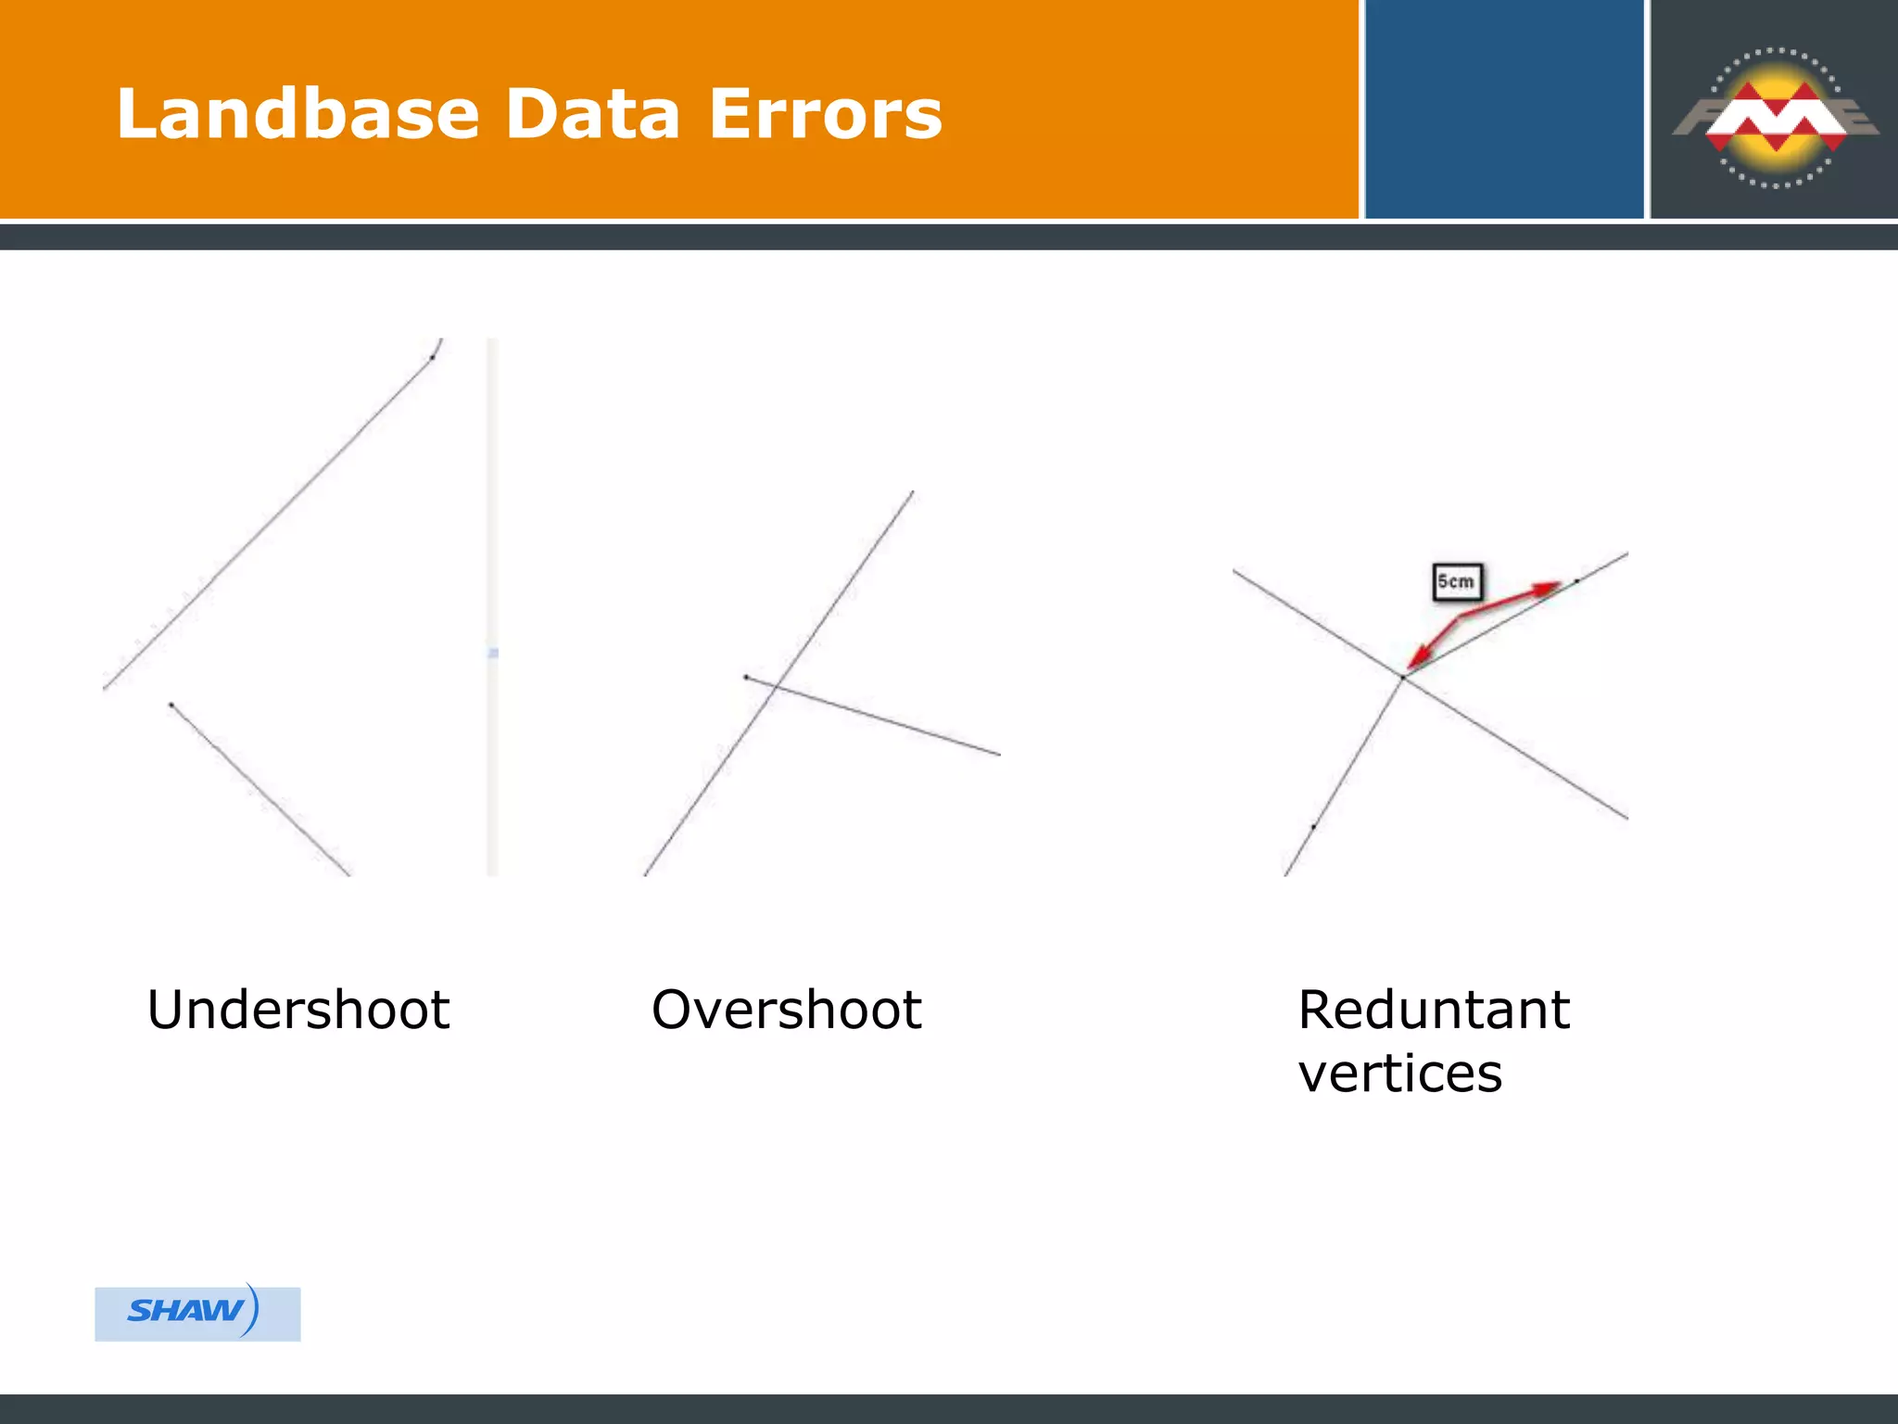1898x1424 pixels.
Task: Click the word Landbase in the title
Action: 297,114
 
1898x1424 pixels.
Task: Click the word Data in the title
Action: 593,114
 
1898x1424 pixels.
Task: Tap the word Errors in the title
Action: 825,114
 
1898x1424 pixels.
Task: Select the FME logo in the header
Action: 1775,116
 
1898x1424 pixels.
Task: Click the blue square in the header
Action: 1503,109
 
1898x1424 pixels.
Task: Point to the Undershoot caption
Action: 298,1010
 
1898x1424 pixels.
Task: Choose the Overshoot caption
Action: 786,1010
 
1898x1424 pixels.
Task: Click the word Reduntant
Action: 1434,1010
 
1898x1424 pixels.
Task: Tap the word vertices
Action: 1399,1074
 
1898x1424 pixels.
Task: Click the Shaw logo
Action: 196,1312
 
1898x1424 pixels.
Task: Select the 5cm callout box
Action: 1457,582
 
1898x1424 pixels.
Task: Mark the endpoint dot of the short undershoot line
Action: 171,705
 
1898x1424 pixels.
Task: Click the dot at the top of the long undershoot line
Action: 432,357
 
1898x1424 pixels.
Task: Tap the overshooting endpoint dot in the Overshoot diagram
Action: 746,677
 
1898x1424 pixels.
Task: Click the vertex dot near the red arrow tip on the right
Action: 1576,581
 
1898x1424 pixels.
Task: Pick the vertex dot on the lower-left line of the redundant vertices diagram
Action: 1313,826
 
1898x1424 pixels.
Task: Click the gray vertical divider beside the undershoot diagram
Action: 492,607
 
